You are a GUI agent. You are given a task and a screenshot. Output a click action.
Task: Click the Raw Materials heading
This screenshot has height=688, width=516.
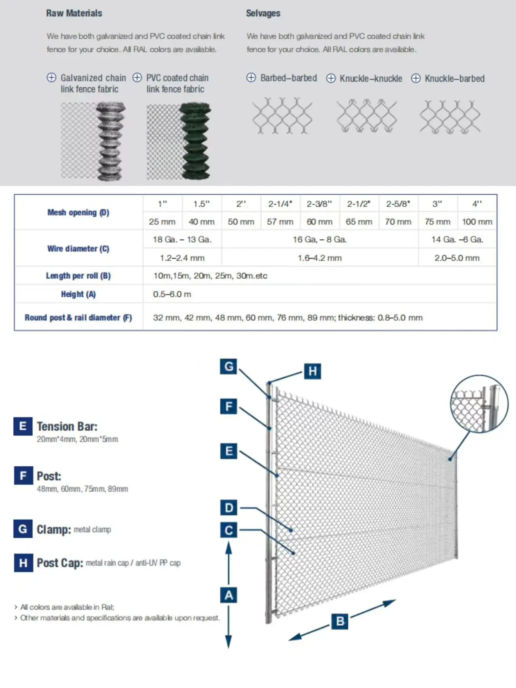(x=74, y=13)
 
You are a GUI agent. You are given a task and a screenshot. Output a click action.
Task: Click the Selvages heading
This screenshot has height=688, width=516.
(x=263, y=13)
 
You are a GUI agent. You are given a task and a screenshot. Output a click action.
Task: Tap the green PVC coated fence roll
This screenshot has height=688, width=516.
(x=195, y=141)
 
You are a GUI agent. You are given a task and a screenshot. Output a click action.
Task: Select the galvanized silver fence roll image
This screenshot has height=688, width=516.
(x=109, y=141)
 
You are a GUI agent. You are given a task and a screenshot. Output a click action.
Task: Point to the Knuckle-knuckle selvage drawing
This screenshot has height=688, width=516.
(x=367, y=116)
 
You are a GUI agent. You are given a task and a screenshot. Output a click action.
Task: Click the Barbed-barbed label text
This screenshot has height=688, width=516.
(x=288, y=78)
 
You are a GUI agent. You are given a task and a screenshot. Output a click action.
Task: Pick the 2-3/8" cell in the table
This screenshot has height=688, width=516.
(x=319, y=204)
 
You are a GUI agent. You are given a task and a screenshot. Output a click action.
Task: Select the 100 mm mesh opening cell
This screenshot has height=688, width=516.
(x=477, y=222)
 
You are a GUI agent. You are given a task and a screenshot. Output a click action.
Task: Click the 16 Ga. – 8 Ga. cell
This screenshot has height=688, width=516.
(x=319, y=239)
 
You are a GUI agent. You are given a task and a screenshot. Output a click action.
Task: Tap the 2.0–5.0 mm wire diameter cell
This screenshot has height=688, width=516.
(x=457, y=258)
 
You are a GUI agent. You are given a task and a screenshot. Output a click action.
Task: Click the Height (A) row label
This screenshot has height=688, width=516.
(x=78, y=294)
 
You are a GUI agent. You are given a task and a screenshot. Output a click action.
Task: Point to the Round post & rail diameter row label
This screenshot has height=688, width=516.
(x=78, y=318)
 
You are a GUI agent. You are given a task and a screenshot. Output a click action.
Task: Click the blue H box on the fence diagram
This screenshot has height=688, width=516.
(x=313, y=371)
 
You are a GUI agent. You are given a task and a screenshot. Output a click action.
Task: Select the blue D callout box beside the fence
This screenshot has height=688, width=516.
(x=229, y=508)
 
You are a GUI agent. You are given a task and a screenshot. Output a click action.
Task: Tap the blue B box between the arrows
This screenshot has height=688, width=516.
(x=340, y=621)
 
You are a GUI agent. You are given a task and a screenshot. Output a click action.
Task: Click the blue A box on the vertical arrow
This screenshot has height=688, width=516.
(x=229, y=595)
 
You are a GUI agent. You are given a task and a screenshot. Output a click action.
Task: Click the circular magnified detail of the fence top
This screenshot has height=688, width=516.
(x=479, y=404)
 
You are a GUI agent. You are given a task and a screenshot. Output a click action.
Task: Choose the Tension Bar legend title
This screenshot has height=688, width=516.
(x=67, y=426)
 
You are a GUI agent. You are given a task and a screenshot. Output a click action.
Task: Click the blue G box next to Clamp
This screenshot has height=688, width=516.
(x=23, y=529)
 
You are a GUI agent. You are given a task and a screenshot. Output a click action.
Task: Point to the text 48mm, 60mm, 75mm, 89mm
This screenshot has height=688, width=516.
(x=82, y=489)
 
